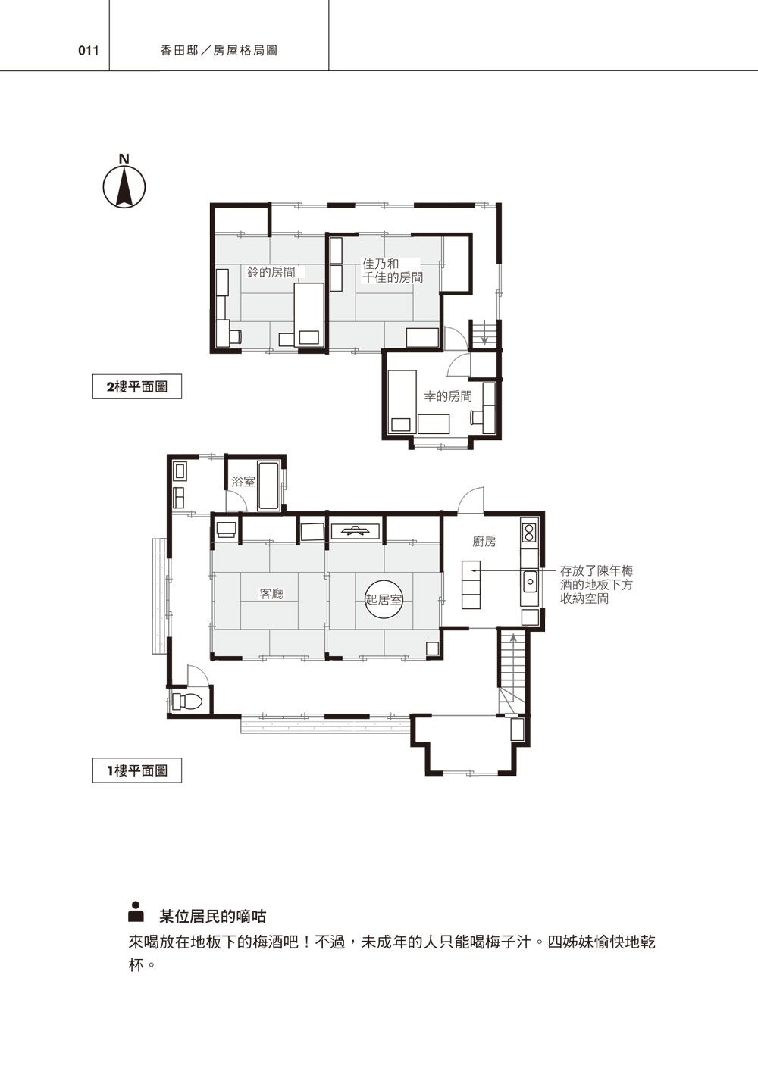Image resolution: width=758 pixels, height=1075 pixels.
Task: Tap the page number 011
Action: click(x=89, y=51)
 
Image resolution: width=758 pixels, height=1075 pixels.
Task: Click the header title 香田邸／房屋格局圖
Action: click(x=219, y=51)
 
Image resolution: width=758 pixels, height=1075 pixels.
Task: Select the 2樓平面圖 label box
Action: click(x=136, y=386)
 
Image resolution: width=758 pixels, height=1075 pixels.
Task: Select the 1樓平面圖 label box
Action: click(x=136, y=770)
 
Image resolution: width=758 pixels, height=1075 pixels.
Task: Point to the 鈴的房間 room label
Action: click(x=271, y=272)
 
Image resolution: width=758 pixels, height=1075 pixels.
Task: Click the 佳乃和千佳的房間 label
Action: click(x=392, y=270)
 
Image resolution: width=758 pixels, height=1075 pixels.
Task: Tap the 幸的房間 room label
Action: click(x=447, y=396)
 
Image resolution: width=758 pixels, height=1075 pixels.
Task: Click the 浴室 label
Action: click(x=243, y=481)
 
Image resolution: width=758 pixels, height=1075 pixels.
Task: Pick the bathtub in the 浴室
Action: click(x=269, y=486)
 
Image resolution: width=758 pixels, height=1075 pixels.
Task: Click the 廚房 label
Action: click(x=484, y=542)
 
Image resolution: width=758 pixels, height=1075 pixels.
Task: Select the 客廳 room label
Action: click(x=271, y=594)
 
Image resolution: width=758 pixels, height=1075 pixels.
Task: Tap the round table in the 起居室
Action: click(x=384, y=599)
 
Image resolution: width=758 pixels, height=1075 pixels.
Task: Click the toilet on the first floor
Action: click(x=187, y=702)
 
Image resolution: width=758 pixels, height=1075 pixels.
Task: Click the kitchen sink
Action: click(x=530, y=582)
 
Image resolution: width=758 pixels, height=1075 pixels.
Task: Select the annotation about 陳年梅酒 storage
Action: click(x=596, y=585)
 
